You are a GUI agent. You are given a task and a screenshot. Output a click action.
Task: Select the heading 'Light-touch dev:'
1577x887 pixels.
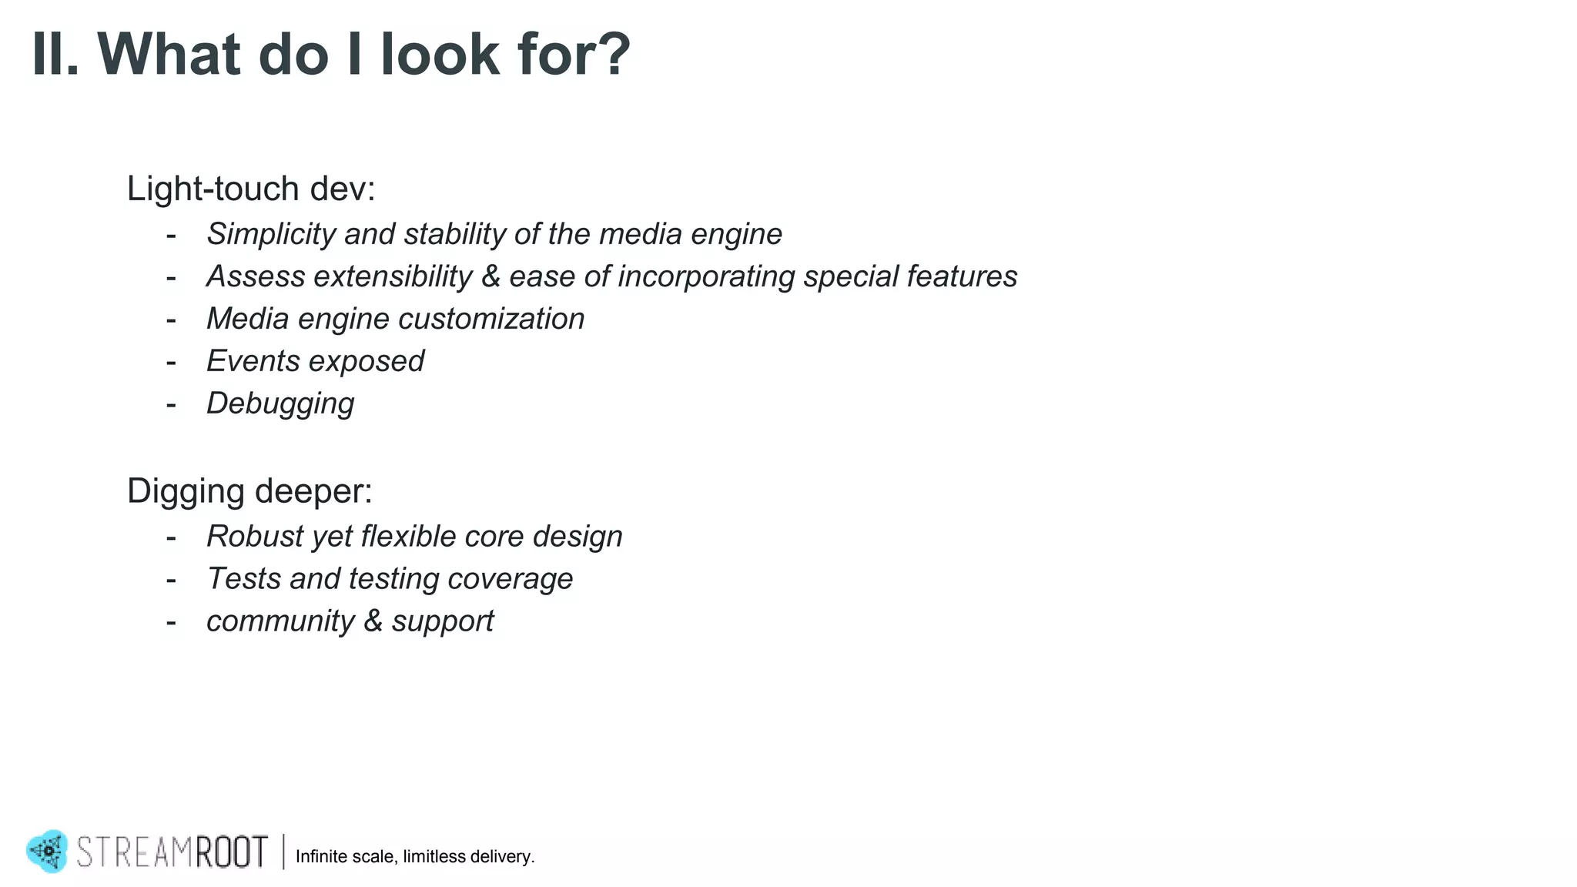click(251, 189)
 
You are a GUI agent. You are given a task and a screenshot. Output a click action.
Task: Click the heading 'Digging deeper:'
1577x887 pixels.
click(249, 491)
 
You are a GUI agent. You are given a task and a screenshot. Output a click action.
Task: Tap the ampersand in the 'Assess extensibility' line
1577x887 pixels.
click(491, 276)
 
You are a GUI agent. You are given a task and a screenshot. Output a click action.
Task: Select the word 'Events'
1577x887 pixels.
click(253, 361)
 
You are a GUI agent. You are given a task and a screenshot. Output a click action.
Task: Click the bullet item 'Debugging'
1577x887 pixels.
click(280, 403)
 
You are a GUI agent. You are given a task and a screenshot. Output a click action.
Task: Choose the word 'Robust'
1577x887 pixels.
click(255, 537)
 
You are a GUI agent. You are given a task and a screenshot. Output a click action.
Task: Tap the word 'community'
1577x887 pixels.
click(280, 621)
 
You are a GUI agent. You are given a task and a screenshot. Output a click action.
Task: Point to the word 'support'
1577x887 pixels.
click(442, 622)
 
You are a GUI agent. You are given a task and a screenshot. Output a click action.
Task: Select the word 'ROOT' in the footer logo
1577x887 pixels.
click(231, 852)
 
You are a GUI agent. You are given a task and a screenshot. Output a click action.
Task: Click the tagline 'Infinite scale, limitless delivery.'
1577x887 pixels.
click(415, 857)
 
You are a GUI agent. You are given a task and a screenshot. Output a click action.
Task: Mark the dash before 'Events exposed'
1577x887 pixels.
click(171, 362)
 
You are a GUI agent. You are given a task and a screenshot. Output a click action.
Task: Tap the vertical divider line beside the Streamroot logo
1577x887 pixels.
click(283, 852)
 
